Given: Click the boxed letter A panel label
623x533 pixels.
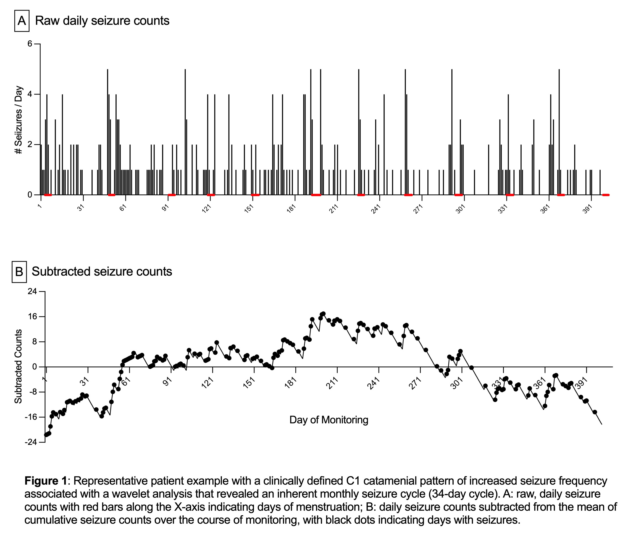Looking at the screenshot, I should [x=22, y=21].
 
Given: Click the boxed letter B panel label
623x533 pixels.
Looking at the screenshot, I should [x=19, y=272].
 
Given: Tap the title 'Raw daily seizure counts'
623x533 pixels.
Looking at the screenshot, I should [x=102, y=21].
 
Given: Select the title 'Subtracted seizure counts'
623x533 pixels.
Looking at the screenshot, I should [x=102, y=271].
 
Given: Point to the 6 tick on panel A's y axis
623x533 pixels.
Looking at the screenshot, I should [x=30, y=44].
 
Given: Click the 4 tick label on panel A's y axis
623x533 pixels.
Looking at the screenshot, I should [x=30, y=94].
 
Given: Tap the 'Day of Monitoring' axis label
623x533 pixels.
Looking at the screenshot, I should [x=329, y=420].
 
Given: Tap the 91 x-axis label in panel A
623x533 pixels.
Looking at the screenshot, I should [x=165, y=208].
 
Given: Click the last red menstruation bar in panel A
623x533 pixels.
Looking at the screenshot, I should [x=606, y=195].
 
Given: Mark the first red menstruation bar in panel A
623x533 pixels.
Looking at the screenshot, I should [x=48, y=195].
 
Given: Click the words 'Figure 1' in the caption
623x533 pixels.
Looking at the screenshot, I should [x=45, y=481].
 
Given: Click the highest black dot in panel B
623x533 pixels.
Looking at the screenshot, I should [x=323, y=314].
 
